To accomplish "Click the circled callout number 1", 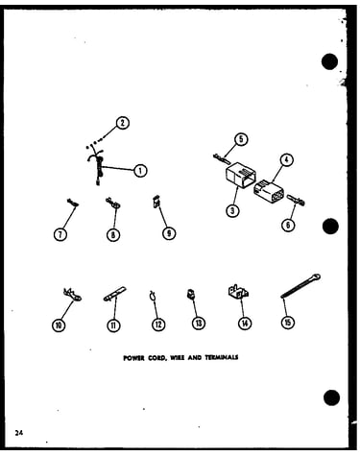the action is pyautogui.click(x=140, y=171).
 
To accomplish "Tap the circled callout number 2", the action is pyautogui.click(x=122, y=123).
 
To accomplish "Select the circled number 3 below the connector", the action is pyautogui.click(x=232, y=210).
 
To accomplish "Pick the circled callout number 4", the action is pyautogui.click(x=287, y=160).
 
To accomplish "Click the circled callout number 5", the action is pyautogui.click(x=241, y=139).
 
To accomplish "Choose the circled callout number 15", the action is pyautogui.click(x=287, y=322).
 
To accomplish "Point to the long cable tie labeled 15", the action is pyautogui.click(x=300, y=286).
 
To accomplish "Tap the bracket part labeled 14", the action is pyautogui.click(x=238, y=292).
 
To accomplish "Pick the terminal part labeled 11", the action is pyautogui.click(x=114, y=294).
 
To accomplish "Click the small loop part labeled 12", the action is pyautogui.click(x=153, y=296).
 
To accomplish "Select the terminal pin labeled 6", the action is pyautogui.click(x=297, y=200).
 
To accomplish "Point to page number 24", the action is pyautogui.click(x=19, y=433).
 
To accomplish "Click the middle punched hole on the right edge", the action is pyautogui.click(x=330, y=227).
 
